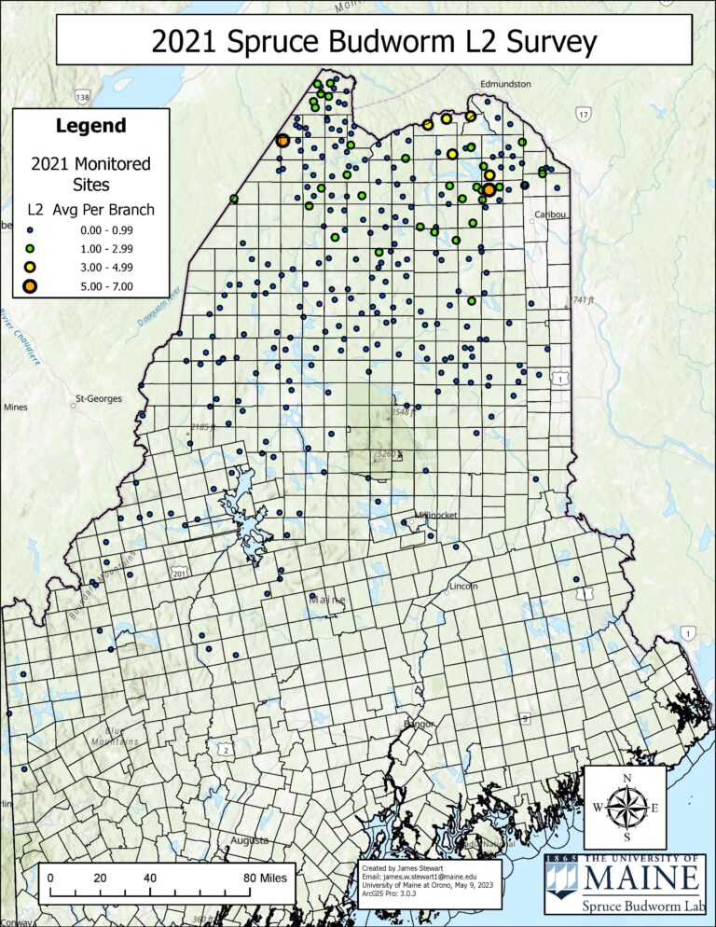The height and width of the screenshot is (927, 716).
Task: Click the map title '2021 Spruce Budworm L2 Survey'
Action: click(373, 41)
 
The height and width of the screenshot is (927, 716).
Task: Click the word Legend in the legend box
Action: click(91, 126)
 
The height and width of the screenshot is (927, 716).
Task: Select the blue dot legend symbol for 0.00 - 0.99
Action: click(30, 229)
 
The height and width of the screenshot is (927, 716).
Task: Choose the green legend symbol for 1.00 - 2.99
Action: click(30, 248)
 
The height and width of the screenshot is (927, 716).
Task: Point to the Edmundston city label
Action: click(505, 84)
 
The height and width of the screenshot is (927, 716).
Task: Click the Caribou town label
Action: click(550, 214)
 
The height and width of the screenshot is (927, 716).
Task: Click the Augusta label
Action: click(250, 840)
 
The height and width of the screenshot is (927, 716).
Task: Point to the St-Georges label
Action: click(98, 399)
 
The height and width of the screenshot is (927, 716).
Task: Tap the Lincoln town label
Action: click(463, 586)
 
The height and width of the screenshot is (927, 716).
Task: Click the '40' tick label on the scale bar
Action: click(149, 878)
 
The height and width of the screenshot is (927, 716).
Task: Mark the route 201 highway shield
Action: click(178, 573)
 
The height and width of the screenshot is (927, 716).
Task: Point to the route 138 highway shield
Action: click(84, 98)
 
